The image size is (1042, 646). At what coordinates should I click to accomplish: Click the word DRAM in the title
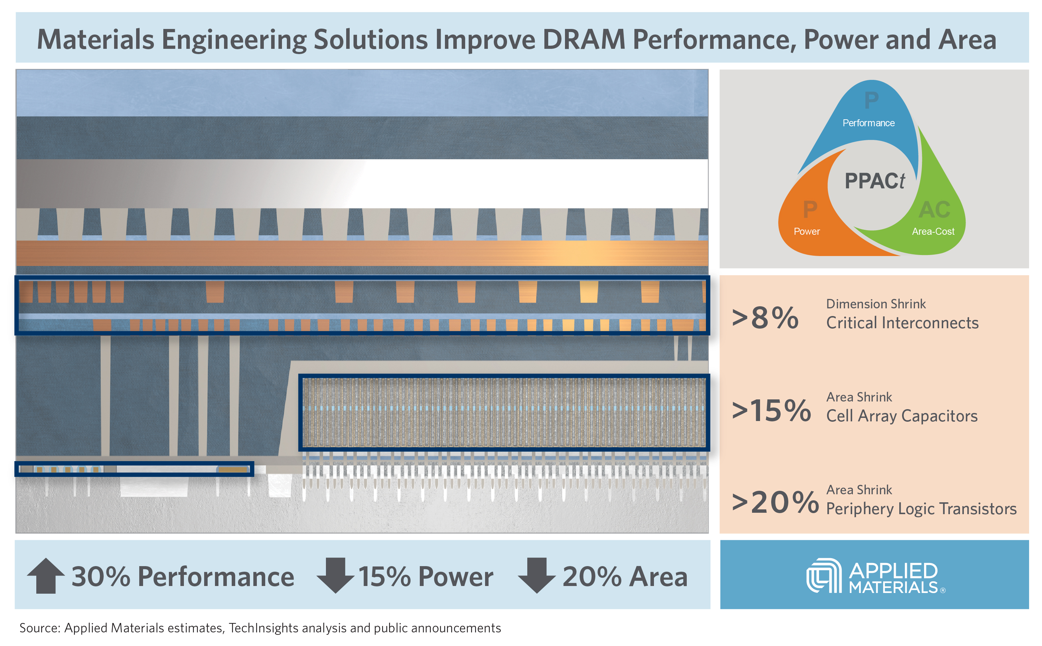tap(584, 39)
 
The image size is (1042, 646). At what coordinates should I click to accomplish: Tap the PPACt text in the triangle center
tap(874, 181)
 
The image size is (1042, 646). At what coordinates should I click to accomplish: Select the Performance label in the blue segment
tap(868, 123)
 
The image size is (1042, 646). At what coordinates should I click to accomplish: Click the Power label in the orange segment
tap(806, 231)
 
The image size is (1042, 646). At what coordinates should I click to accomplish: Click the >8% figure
tap(765, 318)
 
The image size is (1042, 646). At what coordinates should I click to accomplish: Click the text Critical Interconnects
tap(902, 323)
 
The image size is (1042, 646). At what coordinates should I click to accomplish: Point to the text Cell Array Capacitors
tap(901, 416)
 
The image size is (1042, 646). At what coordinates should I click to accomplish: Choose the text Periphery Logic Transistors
tap(921, 509)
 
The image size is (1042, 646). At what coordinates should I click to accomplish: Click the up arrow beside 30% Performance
tap(46, 576)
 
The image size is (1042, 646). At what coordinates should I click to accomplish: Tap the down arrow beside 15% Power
tap(335, 576)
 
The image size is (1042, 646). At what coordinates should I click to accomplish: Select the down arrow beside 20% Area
tap(536, 576)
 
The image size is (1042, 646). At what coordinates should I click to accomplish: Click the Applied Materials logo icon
tap(824, 576)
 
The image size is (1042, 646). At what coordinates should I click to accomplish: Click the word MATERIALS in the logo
tap(893, 588)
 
